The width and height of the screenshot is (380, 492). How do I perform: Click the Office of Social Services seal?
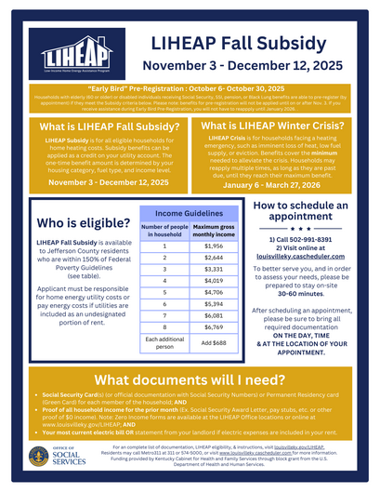tap(37, 458)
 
